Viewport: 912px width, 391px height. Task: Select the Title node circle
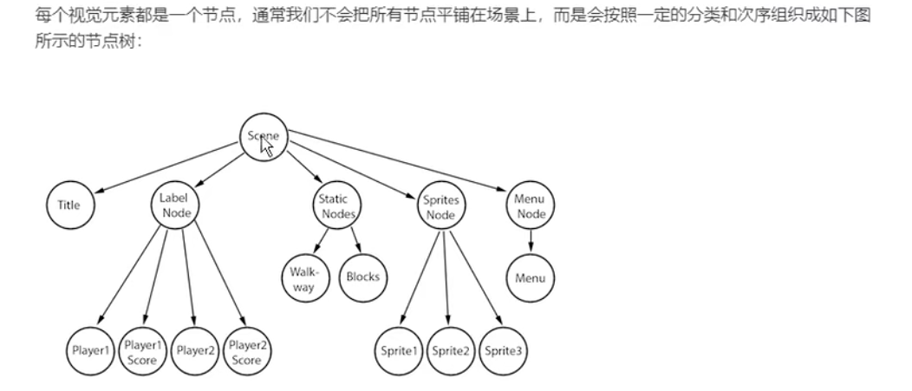pyautogui.click(x=69, y=205)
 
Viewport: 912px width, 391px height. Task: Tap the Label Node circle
pyautogui.click(x=175, y=205)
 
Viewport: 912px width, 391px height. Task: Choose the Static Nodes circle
pyautogui.click(x=334, y=206)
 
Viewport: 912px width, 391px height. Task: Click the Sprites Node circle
pyautogui.click(x=442, y=207)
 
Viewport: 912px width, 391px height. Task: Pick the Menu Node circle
pyautogui.click(x=531, y=206)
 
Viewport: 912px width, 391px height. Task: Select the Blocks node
pyautogui.click(x=363, y=278)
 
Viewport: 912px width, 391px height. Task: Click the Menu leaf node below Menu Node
pyautogui.click(x=531, y=278)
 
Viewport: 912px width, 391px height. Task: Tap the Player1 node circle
pyautogui.click(x=91, y=351)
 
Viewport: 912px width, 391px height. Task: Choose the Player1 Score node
pyautogui.click(x=141, y=351)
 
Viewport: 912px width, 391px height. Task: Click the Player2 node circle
pyautogui.click(x=195, y=351)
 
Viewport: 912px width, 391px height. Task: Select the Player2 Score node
pyautogui.click(x=247, y=351)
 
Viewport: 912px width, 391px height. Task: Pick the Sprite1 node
pyautogui.click(x=399, y=351)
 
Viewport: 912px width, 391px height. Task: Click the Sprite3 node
pyautogui.click(x=503, y=351)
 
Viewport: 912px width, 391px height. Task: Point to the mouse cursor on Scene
pyautogui.click(x=267, y=147)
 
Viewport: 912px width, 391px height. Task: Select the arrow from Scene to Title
pyautogui.click(x=165, y=166)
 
